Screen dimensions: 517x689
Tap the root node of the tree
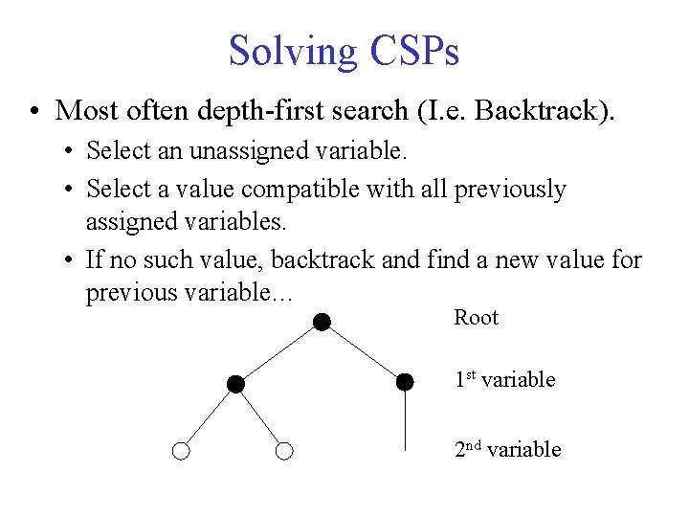[322, 323]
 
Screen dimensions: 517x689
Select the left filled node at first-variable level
[235, 384]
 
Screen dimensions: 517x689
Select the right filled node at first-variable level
[406, 382]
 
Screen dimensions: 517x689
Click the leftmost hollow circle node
[182, 451]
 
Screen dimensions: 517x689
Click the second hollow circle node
[283, 451]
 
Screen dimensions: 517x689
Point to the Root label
[476, 318]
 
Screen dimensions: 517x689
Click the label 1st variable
[504, 380]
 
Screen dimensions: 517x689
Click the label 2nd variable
[507, 450]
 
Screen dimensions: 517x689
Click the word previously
[509, 189]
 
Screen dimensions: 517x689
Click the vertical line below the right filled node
[406, 421]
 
